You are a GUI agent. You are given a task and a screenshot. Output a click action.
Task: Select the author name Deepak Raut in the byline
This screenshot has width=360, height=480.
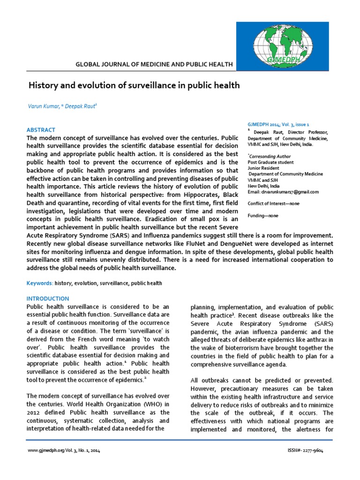point(82,107)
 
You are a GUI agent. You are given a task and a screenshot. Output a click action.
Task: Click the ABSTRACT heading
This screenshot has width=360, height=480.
point(41,130)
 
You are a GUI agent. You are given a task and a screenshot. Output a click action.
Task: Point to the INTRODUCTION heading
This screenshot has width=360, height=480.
point(47,299)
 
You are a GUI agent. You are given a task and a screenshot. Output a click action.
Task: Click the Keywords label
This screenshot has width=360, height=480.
point(39,284)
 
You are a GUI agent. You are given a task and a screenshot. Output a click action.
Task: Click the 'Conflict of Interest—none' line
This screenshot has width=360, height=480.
point(273,203)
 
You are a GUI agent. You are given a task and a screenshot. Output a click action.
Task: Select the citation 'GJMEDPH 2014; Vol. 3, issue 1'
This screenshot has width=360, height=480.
point(278,125)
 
